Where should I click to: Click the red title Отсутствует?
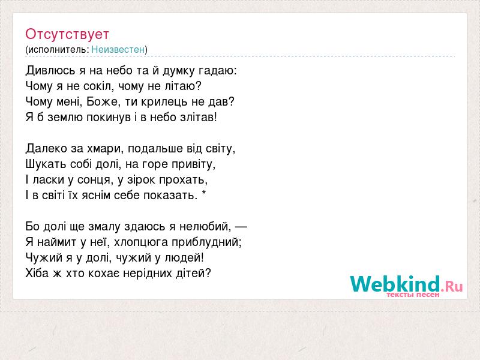(67, 34)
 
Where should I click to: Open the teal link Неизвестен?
(118, 49)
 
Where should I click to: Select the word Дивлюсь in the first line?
(50, 71)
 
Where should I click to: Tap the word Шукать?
(46, 164)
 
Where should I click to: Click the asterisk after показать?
(204, 194)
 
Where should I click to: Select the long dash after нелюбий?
(241, 227)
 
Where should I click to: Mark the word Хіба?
(37, 273)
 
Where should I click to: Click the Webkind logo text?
(406, 283)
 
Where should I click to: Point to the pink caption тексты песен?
(413, 295)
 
